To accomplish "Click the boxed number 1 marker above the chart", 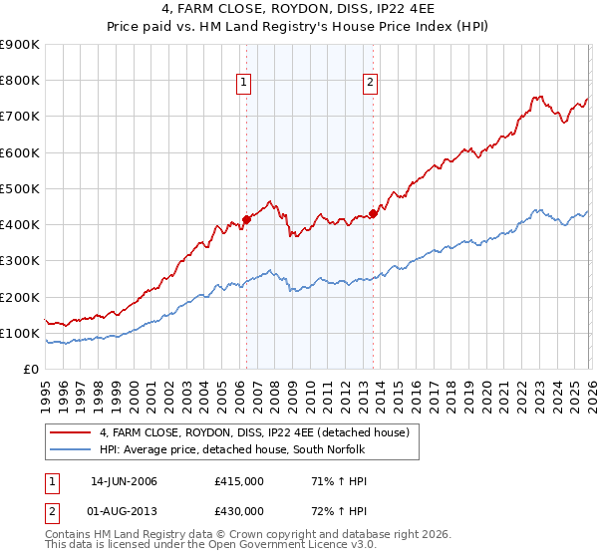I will [x=244, y=83].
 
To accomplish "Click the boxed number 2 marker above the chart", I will [x=370, y=83].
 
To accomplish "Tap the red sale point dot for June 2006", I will [x=246, y=220].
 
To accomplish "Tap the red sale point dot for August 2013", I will [x=372, y=213].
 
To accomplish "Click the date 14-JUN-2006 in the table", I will [x=124, y=481].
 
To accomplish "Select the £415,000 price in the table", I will [x=239, y=481].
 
